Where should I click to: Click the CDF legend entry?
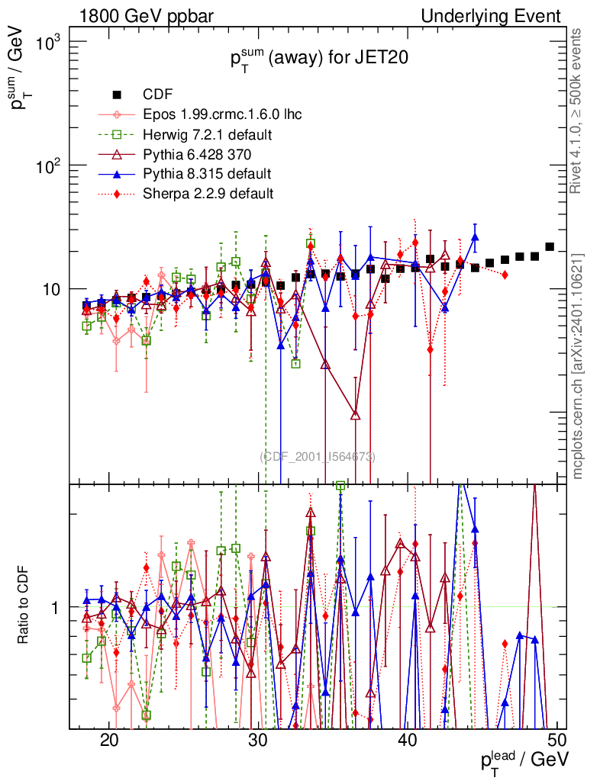[x=158, y=95]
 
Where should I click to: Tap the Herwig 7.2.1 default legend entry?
[x=208, y=134]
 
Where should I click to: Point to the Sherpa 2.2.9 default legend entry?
[x=208, y=193]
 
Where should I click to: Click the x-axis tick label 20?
[x=109, y=741]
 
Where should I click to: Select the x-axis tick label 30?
[x=259, y=741]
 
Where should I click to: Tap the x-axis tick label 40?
[x=408, y=741]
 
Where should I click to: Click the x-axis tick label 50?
[x=557, y=741]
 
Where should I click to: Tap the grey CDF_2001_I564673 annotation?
[x=318, y=456]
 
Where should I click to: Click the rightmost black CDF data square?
[x=550, y=247]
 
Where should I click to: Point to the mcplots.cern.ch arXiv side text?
[x=578, y=366]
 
